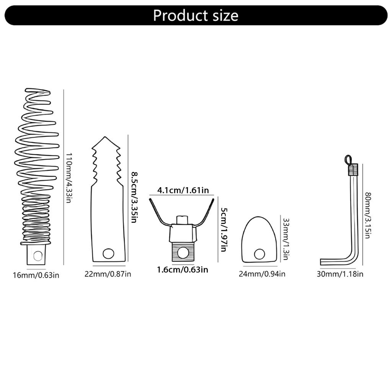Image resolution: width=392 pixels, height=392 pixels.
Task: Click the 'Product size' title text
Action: pos(196,15)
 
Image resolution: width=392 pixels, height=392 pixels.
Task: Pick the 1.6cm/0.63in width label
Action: pos(182,269)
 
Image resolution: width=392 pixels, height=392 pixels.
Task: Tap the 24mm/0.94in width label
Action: pos(262,274)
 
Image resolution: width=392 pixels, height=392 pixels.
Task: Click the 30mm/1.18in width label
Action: pos(340,274)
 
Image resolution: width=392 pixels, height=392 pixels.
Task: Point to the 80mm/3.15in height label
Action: pos(367,216)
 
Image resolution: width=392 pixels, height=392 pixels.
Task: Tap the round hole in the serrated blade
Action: pos(108,253)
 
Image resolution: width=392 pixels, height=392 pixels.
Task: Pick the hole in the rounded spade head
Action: pos(260,254)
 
